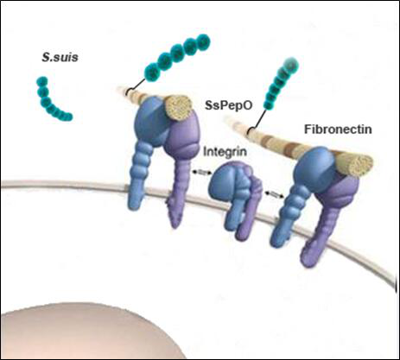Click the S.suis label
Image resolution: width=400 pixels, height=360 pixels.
(60, 57)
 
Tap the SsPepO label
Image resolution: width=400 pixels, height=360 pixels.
(229, 105)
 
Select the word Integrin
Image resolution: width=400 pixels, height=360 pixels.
(225, 152)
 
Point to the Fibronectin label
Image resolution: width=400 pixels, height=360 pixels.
(338, 129)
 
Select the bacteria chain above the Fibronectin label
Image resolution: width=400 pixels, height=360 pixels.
(280, 84)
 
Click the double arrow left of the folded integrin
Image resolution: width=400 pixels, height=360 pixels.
(201, 173)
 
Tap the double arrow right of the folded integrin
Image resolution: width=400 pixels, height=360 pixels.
(275, 194)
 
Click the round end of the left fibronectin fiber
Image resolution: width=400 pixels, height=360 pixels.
(178, 107)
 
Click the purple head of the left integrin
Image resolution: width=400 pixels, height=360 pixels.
(182, 136)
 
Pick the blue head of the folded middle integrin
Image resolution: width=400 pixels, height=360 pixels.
(226, 181)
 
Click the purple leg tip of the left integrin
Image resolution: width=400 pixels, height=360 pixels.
(174, 218)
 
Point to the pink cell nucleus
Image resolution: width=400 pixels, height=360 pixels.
(92, 334)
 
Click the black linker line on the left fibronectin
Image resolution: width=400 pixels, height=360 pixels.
(135, 87)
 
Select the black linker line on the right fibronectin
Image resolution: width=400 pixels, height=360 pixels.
(258, 120)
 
